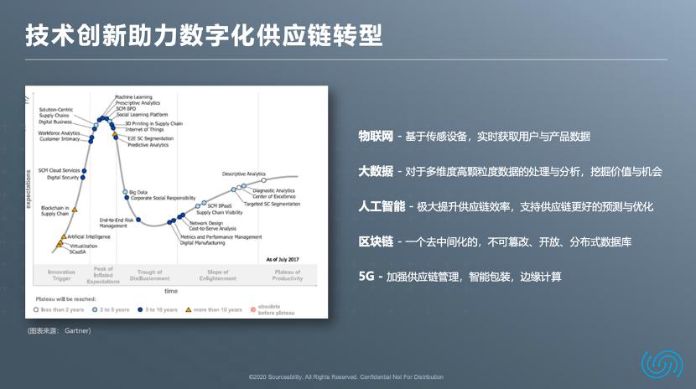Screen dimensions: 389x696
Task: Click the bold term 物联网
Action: pyautogui.click(x=376, y=136)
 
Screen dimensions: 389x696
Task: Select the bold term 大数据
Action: pyautogui.click(x=376, y=171)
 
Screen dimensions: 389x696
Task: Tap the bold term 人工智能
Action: pyautogui.click(x=382, y=206)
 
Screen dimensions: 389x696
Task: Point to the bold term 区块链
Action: pyautogui.click(x=376, y=241)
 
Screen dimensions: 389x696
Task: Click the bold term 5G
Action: pyautogui.click(x=366, y=277)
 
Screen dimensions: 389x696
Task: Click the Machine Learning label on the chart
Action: pyautogui.click(x=134, y=97)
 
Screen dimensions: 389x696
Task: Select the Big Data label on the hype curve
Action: pyautogui.click(x=137, y=193)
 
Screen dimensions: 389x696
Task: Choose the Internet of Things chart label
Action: pyautogui.click(x=143, y=129)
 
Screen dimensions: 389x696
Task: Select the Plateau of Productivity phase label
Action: pyautogui.click(x=287, y=275)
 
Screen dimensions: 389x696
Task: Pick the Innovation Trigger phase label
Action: pyautogui.click(x=61, y=275)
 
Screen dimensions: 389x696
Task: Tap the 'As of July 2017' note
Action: pyautogui.click(x=283, y=260)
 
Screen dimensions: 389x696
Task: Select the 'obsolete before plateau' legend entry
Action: pyautogui.click(x=279, y=309)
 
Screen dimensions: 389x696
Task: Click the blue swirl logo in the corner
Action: pyautogui.click(x=662, y=363)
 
